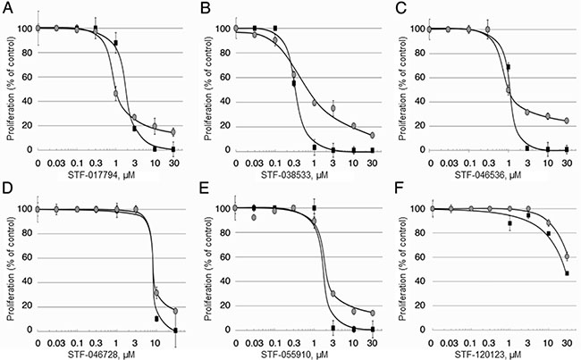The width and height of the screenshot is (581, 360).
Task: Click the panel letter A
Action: [6, 7]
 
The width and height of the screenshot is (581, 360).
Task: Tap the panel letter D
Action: [6, 189]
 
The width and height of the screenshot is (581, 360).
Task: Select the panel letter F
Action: [400, 189]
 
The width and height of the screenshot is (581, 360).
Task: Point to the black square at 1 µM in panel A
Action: [116, 43]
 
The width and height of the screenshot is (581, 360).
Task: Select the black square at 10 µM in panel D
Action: [156, 318]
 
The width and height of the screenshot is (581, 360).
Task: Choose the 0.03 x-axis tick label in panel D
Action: [57, 341]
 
